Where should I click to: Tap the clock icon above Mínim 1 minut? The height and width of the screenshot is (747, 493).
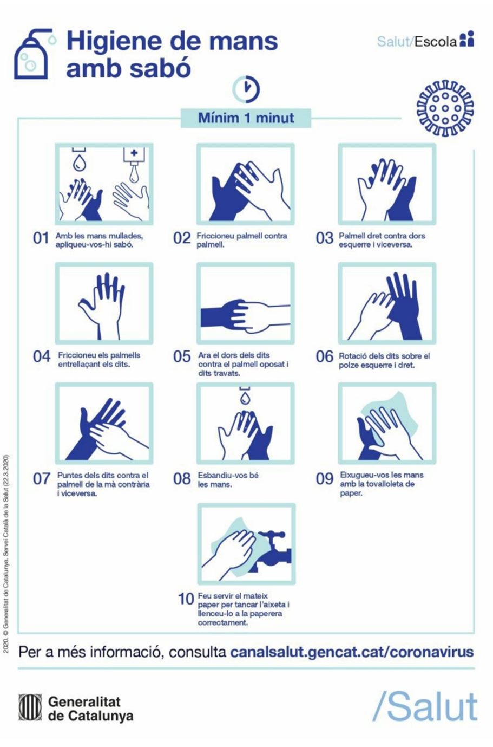(x=246, y=89)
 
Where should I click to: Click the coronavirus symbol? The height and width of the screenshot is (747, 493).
(x=445, y=108)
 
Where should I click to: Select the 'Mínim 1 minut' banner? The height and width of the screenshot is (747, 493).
(x=246, y=118)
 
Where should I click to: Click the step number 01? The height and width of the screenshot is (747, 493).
(x=41, y=238)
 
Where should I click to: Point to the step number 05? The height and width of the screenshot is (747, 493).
(x=182, y=356)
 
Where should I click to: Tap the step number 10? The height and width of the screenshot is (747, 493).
(x=186, y=599)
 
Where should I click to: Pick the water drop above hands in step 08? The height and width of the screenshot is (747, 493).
(x=245, y=397)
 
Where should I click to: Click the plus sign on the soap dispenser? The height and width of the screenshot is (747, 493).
(x=134, y=153)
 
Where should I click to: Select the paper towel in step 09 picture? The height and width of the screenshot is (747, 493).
(x=393, y=419)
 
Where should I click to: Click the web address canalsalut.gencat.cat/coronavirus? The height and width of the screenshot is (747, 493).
(x=352, y=652)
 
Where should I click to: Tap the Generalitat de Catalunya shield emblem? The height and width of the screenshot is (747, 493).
(x=30, y=707)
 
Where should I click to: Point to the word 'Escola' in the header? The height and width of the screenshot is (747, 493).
(x=436, y=42)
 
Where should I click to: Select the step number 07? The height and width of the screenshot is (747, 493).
(x=41, y=479)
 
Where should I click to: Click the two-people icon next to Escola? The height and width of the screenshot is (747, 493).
(x=466, y=40)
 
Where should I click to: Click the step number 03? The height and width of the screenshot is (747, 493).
(x=325, y=238)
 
